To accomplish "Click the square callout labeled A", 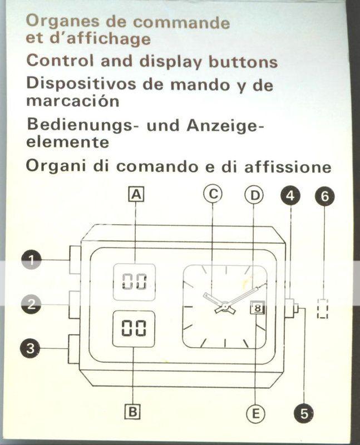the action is point(136,194).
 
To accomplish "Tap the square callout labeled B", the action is point(132,411).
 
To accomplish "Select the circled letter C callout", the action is point(213,194).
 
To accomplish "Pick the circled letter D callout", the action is point(254,195).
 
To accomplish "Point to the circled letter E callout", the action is point(255,413).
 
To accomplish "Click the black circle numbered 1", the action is point(31,260).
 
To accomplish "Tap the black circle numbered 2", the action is point(31,304).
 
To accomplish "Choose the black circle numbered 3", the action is point(31,348).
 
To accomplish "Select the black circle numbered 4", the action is point(290,196).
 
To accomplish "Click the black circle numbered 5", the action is point(304,413).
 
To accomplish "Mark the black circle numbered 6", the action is point(325,196).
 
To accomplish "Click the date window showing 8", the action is point(257,308).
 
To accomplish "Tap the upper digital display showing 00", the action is point(134,282).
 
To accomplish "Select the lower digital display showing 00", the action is point(134,329).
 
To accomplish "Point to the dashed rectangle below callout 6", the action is point(323,309).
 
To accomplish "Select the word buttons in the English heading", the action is point(243,62).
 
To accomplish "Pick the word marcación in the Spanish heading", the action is point(73,101).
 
